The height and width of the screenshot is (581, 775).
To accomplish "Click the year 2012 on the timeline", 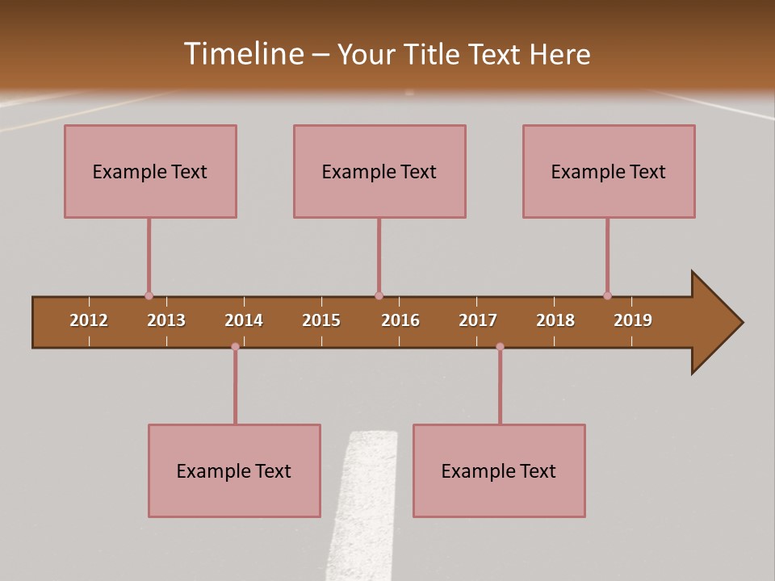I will coord(89,320).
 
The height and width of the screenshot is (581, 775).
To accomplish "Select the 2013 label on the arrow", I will coord(166,320).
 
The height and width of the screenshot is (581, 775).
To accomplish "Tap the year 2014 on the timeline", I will coord(244,320).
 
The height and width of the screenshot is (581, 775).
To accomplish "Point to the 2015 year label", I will coord(321,320).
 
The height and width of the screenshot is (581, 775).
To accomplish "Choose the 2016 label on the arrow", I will coord(400,320).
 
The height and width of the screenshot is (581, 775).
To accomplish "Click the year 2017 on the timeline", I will coord(478,320).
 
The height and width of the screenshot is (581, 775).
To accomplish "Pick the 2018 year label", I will coord(555,320).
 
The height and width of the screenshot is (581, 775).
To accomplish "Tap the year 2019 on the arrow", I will coord(633,320).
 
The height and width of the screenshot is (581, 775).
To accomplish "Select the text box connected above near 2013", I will coord(150,171).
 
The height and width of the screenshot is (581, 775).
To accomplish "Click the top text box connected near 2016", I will coord(379,171).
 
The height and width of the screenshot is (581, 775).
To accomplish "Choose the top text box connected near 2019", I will coord(609,171).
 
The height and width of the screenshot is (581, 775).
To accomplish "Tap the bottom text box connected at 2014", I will coord(234,470).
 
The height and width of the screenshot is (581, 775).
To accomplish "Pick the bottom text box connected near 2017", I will coord(499,470).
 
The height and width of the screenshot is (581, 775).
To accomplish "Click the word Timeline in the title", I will coord(243,54).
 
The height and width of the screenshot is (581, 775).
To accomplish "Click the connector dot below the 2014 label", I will coord(235,346).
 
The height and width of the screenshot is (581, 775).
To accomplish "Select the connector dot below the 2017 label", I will coord(500,346).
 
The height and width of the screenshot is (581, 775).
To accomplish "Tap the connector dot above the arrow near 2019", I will coord(607,295).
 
